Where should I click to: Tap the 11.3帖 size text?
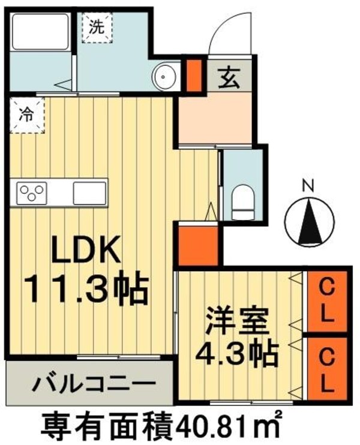click(86, 291)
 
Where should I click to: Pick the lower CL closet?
click(326, 368)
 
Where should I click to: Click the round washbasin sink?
click(163, 77)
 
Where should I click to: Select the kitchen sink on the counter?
click(89, 193)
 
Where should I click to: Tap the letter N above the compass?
click(307, 187)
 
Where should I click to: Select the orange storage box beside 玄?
click(193, 74)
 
